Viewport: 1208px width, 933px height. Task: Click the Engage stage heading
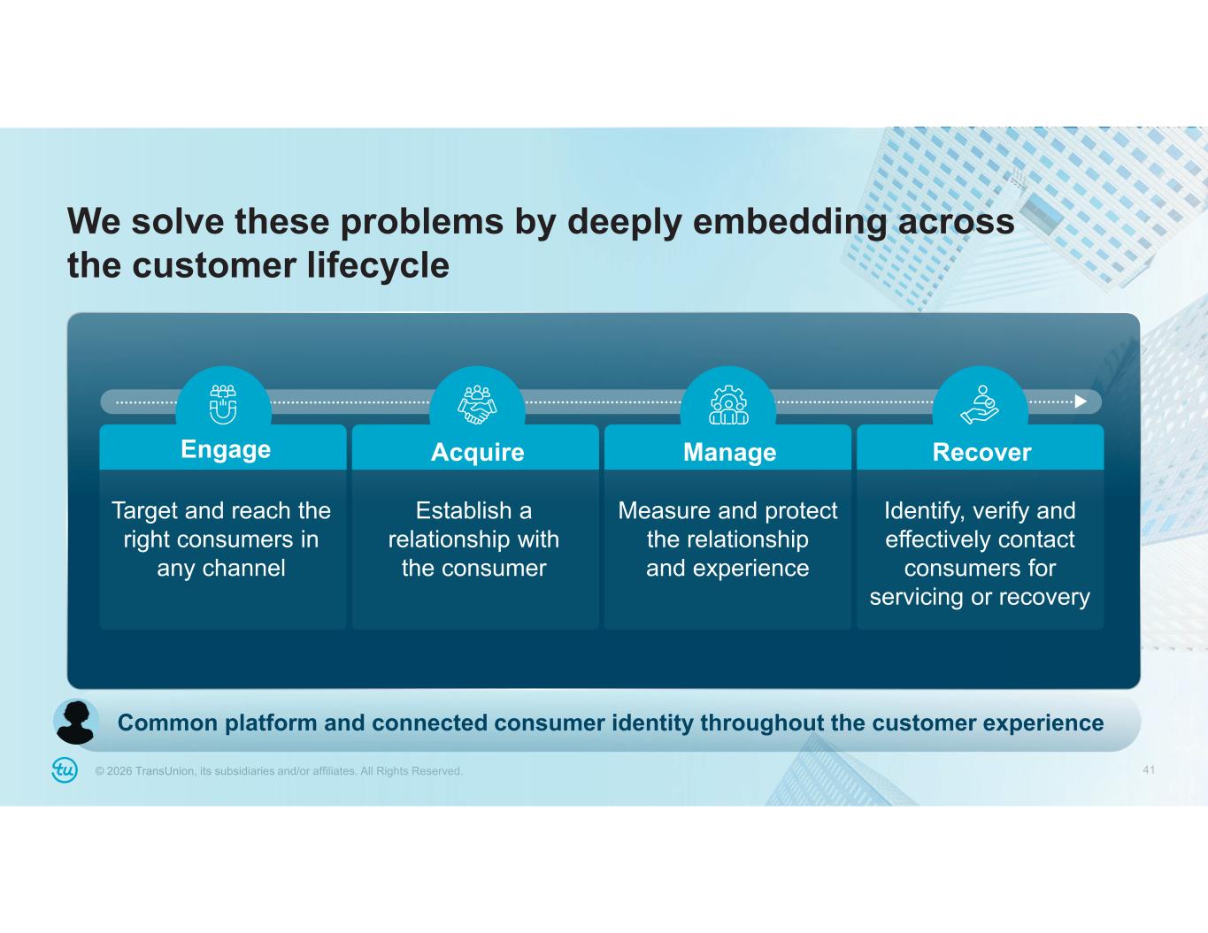click(226, 449)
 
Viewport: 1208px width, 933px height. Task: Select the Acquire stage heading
click(477, 452)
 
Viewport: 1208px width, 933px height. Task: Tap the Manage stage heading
click(729, 452)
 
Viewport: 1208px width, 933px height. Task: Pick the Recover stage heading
click(981, 452)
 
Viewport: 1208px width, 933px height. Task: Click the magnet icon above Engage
click(223, 404)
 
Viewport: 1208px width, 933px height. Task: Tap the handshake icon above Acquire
click(477, 404)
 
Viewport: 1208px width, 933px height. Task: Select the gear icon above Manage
click(728, 405)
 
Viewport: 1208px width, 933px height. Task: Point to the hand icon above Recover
click(980, 404)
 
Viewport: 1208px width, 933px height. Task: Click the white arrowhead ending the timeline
click(1081, 401)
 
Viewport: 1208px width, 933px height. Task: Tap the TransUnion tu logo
click(65, 770)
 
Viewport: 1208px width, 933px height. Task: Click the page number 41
click(1149, 769)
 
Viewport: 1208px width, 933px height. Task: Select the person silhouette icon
click(77, 723)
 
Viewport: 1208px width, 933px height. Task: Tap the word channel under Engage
click(243, 568)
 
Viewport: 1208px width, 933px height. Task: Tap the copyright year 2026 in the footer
click(119, 771)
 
